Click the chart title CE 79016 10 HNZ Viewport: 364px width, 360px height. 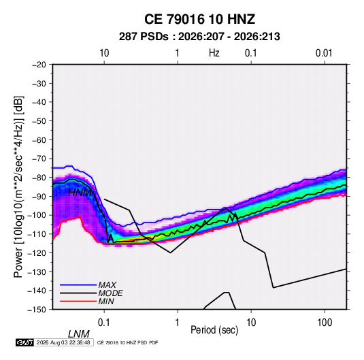tap(199, 19)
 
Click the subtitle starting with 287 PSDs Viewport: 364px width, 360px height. tap(199, 37)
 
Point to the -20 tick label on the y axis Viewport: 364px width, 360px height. tap(39, 65)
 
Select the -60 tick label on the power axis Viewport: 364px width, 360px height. tap(39, 140)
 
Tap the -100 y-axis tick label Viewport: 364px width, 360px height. tap(37, 215)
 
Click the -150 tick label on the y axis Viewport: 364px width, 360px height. tap(37, 310)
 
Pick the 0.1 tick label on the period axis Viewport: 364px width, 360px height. tap(104, 323)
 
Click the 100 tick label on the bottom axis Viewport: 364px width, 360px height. tap(325, 323)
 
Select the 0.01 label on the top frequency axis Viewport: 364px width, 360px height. tap(324, 53)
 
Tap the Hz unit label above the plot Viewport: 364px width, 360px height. tap(214, 53)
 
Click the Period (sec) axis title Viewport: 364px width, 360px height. tap(214, 330)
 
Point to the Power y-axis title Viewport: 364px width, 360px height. tap(18, 187)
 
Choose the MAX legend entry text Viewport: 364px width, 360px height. tap(107, 285)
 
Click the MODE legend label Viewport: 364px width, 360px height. tap(110, 293)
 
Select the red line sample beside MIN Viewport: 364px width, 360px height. tap(78, 301)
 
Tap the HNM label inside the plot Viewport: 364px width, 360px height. tap(80, 193)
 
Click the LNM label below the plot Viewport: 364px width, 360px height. tap(79, 334)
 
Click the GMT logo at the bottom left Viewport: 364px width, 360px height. tap(25, 342)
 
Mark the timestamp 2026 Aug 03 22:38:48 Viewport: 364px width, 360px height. tap(63, 342)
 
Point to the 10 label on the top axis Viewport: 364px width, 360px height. tap(104, 53)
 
